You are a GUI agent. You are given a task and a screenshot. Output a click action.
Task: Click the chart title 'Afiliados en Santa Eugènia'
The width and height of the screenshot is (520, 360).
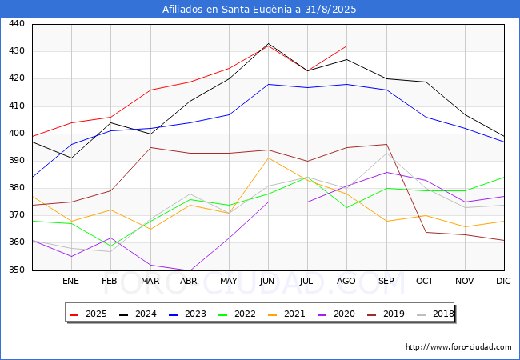pyautogui.click(x=259, y=10)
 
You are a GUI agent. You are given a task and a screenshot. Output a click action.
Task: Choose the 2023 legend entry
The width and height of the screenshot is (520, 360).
pyautogui.click(x=192, y=314)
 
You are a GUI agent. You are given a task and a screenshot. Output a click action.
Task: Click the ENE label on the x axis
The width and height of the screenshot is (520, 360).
pyautogui.click(x=70, y=281)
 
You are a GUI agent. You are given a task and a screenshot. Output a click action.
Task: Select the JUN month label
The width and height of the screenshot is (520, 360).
pyautogui.click(x=267, y=281)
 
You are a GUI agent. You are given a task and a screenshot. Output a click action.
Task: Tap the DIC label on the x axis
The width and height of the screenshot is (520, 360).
pyautogui.click(x=503, y=281)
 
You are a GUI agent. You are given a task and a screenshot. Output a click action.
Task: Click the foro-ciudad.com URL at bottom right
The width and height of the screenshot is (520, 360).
pyautogui.click(x=458, y=347)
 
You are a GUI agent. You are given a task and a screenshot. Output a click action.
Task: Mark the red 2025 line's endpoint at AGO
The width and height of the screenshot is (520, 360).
pyautogui.click(x=346, y=46)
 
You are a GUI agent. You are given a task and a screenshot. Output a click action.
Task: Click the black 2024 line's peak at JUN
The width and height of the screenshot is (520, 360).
pyautogui.click(x=268, y=43)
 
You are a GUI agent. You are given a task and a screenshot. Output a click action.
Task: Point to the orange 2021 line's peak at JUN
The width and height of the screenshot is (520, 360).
pyautogui.click(x=268, y=158)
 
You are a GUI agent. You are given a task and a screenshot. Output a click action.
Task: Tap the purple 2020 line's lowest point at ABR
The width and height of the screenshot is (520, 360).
pyautogui.click(x=190, y=270)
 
